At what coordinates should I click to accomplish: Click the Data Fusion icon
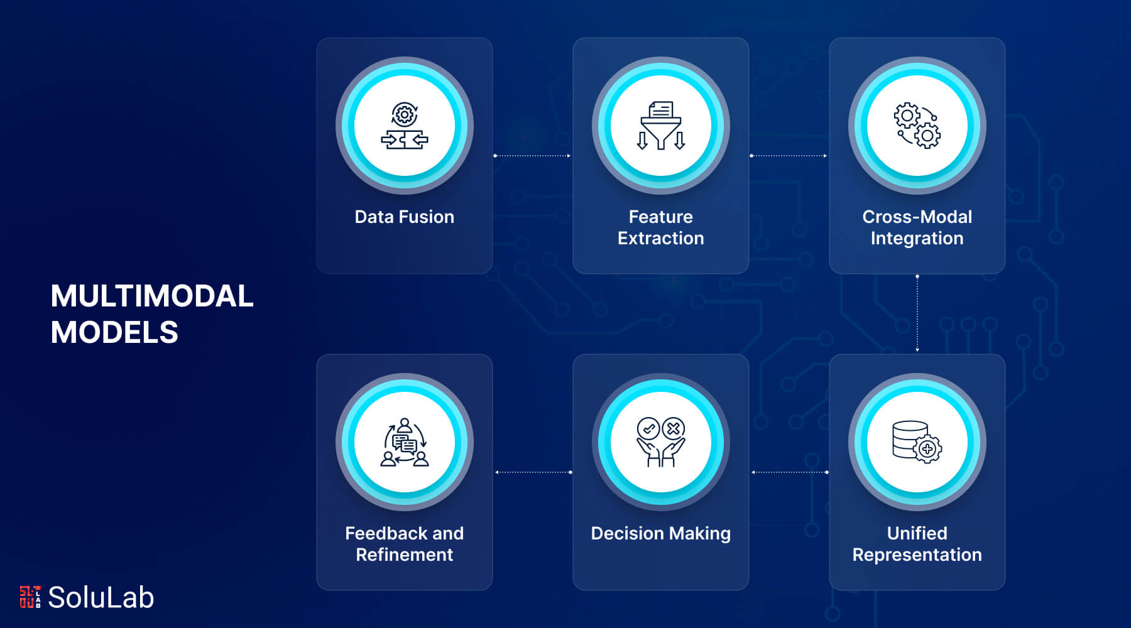tap(405, 126)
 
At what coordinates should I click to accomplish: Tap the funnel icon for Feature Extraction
tap(660, 126)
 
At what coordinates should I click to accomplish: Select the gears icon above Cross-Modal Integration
tap(917, 126)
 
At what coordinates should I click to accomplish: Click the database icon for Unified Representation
tap(917, 442)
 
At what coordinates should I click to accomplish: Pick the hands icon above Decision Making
tap(660, 442)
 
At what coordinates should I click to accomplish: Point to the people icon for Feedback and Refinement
tap(405, 442)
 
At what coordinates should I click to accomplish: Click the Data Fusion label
tap(405, 217)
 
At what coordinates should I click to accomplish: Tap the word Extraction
tap(660, 239)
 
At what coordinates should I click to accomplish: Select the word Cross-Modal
tap(917, 217)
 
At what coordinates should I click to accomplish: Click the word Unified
tap(917, 533)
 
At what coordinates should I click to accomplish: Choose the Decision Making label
tap(660, 533)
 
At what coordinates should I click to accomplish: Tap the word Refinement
tap(405, 555)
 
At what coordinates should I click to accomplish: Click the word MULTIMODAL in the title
tap(152, 296)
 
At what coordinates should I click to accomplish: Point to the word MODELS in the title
tap(114, 332)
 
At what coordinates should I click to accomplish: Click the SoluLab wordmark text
tap(101, 597)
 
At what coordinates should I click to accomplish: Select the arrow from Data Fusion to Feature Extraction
tap(532, 156)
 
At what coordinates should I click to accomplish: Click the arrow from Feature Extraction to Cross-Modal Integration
tap(789, 156)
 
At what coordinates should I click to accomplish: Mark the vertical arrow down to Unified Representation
tap(917, 313)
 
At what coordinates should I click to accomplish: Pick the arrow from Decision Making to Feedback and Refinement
tap(533, 472)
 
